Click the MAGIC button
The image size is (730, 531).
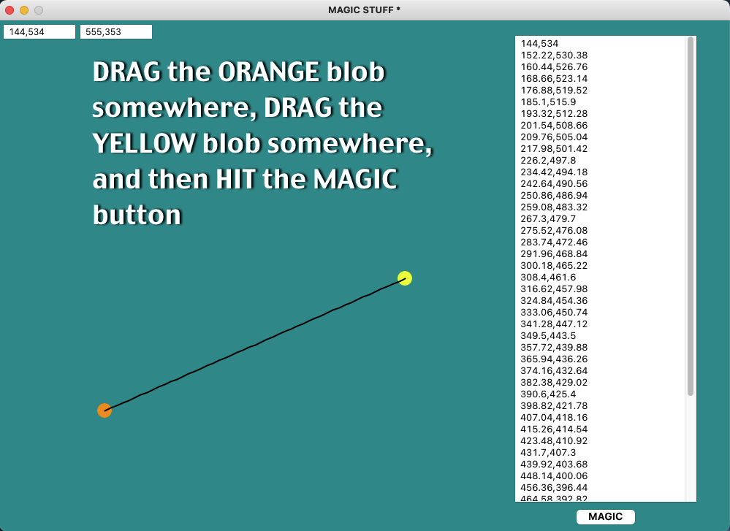click(x=605, y=516)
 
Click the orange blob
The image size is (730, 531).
click(x=104, y=410)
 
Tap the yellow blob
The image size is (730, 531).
click(x=405, y=278)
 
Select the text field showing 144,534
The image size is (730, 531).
click(x=39, y=31)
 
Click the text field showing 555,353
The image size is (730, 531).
click(x=116, y=31)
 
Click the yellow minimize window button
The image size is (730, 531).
click(x=24, y=9)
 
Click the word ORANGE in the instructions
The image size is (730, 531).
click(x=269, y=72)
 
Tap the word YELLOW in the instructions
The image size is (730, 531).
click(x=144, y=143)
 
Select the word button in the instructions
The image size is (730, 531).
click(x=137, y=215)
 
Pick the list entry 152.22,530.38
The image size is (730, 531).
click(x=554, y=55)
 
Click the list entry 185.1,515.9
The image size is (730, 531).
click(x=548, y=102)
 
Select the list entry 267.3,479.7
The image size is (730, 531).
click(x=548, y=218)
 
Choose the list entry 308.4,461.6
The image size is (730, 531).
click(x=548, y=277)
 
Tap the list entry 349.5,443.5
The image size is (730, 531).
click(x=548, y=335)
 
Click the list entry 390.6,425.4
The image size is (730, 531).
click(x=548, y=394)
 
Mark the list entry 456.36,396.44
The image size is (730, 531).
click(x=554, y=487)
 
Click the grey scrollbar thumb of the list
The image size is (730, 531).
click(x=691, y=216)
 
